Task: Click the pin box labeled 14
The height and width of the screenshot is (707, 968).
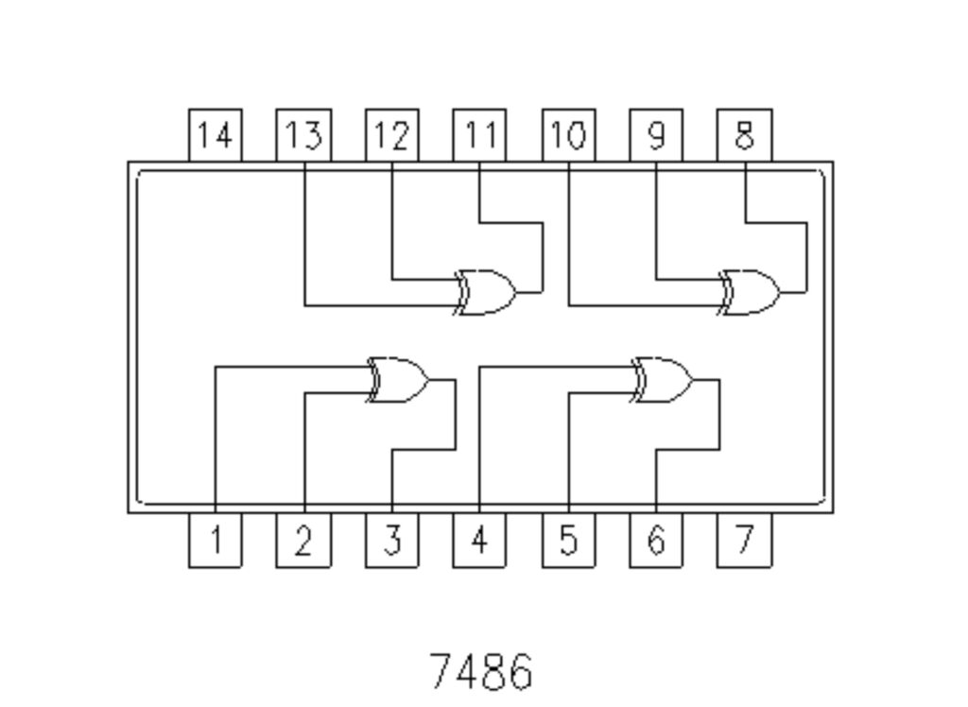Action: tap(216, 136)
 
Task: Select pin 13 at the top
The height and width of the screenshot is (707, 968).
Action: tap(303, 136)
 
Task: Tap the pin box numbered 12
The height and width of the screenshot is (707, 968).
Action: tap(392, 136)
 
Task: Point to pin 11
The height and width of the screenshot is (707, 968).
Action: tap(479, 136)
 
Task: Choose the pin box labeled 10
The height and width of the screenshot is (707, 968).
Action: tap(568, 136)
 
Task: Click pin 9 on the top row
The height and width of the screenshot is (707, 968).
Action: tap(656, 136)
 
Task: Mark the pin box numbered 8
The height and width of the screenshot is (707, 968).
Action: tap(744, 136)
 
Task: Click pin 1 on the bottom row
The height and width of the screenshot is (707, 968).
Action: tap(216, 541)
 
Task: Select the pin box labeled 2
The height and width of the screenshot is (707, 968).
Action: tap(303, 541)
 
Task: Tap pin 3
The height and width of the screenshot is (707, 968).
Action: tap(392, 541)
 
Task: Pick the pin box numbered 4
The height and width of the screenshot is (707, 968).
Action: tap(479, 541)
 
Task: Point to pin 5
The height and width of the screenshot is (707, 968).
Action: tap(568, 541)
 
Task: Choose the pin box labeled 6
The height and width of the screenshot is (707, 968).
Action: tap(656, 541)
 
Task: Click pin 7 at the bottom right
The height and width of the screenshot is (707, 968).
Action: tap(744, 541)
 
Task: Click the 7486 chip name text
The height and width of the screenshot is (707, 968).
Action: tap(481, 671)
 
